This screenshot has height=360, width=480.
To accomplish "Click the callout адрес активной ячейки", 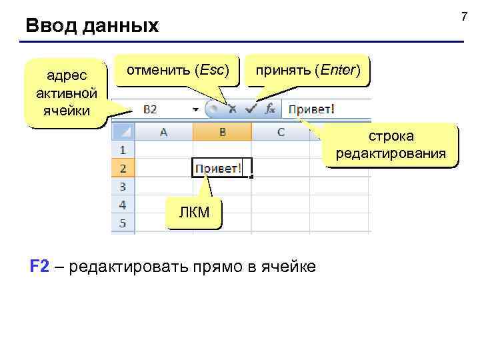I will point(65,93).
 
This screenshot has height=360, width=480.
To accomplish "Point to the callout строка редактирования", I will point(391,145).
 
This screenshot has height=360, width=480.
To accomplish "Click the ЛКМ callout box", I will point(194,213).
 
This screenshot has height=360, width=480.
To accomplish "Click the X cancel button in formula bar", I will point(231,108).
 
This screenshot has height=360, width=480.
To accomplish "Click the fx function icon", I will point(269,108).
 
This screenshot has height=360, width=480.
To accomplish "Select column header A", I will point(163,132).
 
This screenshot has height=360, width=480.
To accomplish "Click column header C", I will point(280,132).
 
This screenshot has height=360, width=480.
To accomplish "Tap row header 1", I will point(123,150).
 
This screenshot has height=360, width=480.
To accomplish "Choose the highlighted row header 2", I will point(123,168).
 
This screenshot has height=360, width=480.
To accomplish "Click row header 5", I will point(123,222).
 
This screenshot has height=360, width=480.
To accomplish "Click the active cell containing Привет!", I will point(219,168).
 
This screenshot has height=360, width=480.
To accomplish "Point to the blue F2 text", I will point(39,267).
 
